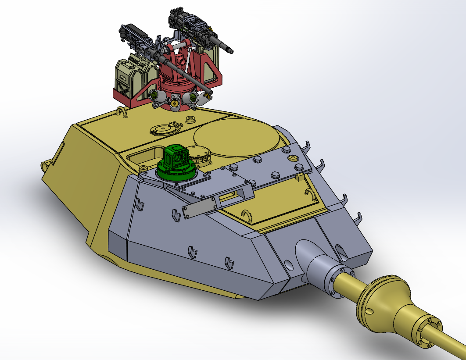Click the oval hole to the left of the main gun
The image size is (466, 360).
click(288, 265)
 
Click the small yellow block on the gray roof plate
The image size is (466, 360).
click(300, 177)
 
